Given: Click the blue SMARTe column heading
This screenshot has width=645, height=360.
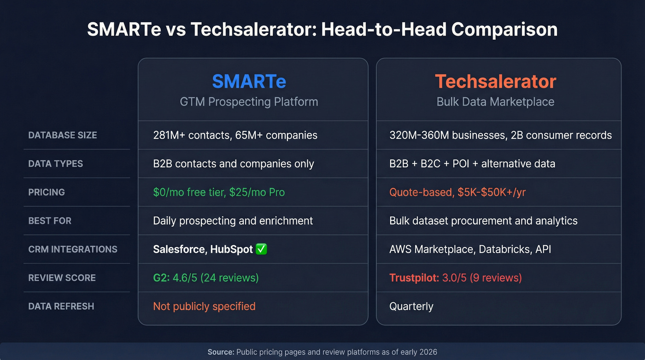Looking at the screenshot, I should coord(249,82).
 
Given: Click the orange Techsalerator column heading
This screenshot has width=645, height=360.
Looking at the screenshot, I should coord(495,82).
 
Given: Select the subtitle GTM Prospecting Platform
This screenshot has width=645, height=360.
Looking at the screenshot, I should coord(249,101).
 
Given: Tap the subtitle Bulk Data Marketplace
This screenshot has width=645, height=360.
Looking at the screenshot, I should coord(495,101).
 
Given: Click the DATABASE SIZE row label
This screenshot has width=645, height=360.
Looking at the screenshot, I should coord(63,135).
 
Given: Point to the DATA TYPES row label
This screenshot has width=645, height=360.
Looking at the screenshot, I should coord(56,164).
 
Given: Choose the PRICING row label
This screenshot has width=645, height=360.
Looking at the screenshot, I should coord(47,192).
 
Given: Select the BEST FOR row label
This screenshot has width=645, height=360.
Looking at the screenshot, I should coord(50,221).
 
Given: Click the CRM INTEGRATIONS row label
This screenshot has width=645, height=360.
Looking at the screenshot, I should coord(73,249).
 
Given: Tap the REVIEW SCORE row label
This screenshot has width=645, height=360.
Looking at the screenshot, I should coord(62,278).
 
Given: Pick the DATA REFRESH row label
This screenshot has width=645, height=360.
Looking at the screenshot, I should coord(61,307).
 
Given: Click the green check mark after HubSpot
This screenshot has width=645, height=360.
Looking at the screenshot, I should coord(261,249).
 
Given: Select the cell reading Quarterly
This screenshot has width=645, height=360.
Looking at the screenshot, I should coord(411,307).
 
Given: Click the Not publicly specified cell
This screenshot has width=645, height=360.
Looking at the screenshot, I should coord(204,307).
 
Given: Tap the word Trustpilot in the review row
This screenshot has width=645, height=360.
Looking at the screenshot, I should coord(414,278).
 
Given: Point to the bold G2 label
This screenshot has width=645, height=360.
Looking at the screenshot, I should coord(161,278).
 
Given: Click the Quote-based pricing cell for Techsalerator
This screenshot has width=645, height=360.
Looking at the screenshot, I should coord(457,192).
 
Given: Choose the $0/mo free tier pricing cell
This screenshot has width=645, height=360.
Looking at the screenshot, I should coord(219,192).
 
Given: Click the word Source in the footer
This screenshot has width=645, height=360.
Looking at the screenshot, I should coord(221,352).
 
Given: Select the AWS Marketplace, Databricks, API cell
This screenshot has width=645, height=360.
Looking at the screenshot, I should coord(470,249).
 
